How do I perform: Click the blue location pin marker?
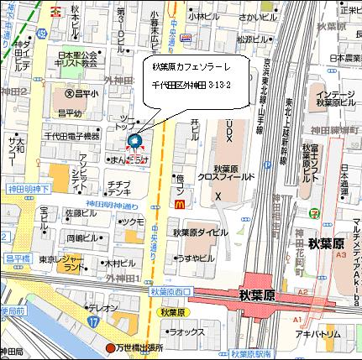(x=135, y=142)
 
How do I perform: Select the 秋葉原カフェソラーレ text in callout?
(x=191, y=66)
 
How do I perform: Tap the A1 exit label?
(x=296, y=321)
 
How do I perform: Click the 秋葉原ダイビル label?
(x=195, y=232)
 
